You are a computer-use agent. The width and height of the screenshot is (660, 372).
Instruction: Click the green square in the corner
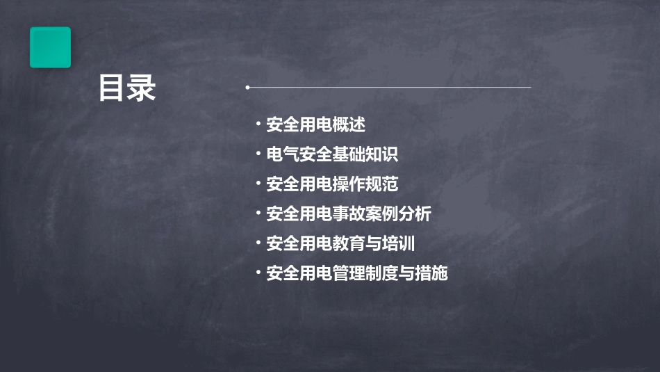[x=50, y=47]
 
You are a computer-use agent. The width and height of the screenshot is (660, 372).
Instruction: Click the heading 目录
[x=126, y=88]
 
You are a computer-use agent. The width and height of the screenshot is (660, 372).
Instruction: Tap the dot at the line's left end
[x=247, y=88]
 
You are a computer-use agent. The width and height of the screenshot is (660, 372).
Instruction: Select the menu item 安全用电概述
[x=315, y=125]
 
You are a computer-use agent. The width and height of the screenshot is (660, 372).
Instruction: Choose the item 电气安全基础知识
[x=332, y=154]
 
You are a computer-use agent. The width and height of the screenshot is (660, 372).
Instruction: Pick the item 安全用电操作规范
[x=332, y=184]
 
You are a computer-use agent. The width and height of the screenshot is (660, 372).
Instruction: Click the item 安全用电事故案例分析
[x=349, y=214]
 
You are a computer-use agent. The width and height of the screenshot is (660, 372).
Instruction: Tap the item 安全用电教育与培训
[x=340, y=243]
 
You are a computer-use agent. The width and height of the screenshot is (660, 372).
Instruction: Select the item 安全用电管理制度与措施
[x=357, y=273]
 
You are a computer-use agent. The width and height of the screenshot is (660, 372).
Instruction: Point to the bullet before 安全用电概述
[x=258, y=124]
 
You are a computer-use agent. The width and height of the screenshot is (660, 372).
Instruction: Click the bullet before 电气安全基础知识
[x=258, y=154]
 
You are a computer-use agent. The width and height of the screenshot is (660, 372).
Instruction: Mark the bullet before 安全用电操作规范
[x=258, y=184]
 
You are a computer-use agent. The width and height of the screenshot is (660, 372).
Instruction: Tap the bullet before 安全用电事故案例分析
[x=258, y=213]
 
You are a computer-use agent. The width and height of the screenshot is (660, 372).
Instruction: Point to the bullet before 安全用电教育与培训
[x=258, y=243]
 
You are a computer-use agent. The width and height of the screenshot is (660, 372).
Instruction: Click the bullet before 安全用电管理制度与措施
[x=258, y=273]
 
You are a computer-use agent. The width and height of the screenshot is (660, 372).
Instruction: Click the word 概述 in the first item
[x=349, y=125]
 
